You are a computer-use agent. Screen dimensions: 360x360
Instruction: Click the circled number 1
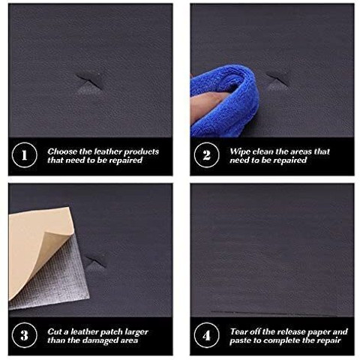(x=24, y=154)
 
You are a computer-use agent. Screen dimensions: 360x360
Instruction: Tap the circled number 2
(x=206, y=154)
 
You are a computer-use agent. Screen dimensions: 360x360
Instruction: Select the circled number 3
(x=24, y=335)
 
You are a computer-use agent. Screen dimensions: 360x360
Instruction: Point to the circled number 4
(x=206, y=335)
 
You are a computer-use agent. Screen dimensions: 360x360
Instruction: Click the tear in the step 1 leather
(x=91, y=82)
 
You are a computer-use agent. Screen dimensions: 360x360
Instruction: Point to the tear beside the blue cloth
(x=277, y=81)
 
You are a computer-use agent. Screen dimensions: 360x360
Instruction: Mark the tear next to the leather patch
(x=96, y=262)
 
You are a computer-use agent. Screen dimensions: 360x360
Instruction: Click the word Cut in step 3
(x=55, y=331)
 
